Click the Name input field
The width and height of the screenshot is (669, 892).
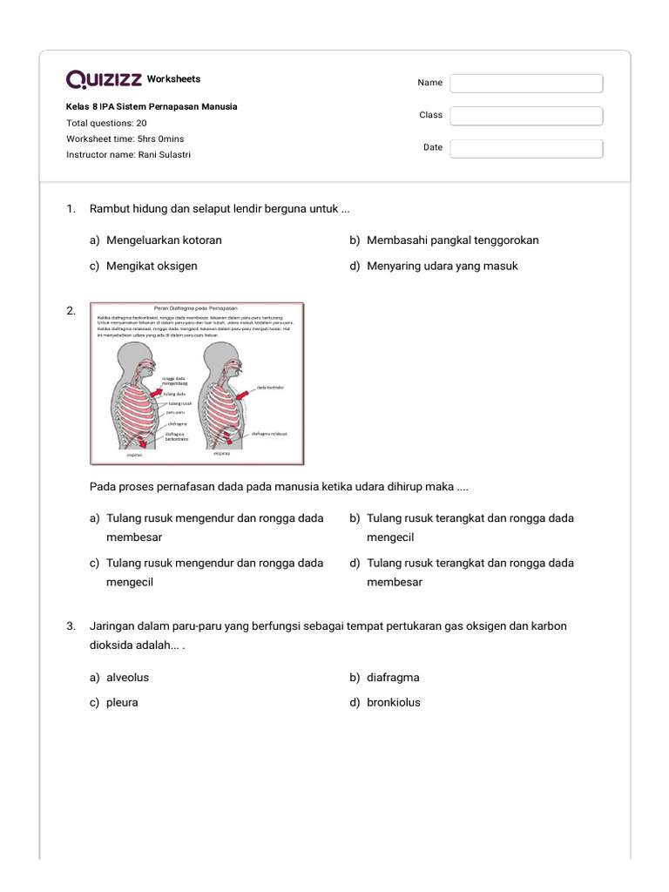point(526,83)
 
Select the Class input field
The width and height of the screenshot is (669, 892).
point(526,116)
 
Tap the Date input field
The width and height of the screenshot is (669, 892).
point(526,148)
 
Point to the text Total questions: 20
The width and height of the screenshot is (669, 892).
point(106,123)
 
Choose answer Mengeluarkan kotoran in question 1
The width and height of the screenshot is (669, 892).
point(164,240)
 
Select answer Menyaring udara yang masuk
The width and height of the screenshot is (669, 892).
point(442,266)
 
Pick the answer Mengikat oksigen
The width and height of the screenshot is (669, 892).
point(152,266)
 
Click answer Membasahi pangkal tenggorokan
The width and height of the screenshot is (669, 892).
point(458,240)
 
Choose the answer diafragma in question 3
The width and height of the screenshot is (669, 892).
point(393,677)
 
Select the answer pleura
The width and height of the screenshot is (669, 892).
point(122,702)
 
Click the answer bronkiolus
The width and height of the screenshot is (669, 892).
point(393,702)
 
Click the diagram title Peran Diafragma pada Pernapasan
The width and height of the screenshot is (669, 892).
point(195,307)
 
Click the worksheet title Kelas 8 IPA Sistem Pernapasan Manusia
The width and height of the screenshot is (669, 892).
point(152,106)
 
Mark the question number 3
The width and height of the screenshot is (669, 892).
point(70,626)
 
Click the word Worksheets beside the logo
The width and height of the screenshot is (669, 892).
point(173,79)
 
